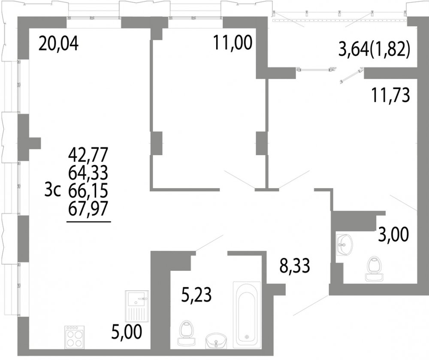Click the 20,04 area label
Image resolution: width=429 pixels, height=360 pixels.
tap(58, 44)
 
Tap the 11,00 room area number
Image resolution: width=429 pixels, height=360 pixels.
tap(233, 43)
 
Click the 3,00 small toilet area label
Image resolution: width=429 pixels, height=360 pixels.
tap(394, 235)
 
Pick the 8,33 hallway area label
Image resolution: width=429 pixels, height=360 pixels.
tap(295, 266)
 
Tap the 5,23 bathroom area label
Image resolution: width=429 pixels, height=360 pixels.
tap(196, 295)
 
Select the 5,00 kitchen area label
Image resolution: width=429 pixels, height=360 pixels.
tap(127, 332)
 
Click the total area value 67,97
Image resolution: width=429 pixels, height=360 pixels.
tap(88, 209)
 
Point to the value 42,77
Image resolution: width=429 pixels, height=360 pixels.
tap(88, 154)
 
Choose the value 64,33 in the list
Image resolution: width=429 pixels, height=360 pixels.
tap(88, 172)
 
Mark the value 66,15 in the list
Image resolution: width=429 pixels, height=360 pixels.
tap(88, 191)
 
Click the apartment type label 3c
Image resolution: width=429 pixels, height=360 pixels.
tap(52, 191)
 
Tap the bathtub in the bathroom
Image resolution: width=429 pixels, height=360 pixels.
tap(247, 315)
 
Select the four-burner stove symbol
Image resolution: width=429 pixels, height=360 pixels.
tap(75, 337)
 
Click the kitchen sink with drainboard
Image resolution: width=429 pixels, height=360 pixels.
tap(137, 306)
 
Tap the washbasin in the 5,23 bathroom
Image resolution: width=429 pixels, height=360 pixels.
tap(216, 340)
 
